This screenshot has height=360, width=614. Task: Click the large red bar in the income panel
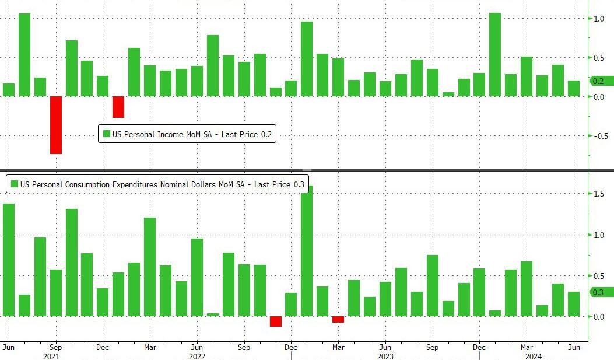(x=56, y=125)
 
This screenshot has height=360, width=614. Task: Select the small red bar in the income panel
(x=118, y=107)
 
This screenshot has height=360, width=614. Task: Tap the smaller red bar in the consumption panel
(x=338, y=319)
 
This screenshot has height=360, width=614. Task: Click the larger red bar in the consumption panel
(x=276, y=321)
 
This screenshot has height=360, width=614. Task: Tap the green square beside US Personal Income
(x=106, y=134)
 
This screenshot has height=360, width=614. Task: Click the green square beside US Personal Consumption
(x=14, y=184)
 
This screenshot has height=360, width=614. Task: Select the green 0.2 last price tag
(x=601, y=81)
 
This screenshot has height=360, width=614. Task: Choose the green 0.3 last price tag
(x=601, y=292)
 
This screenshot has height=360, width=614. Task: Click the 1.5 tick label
(x=599, y=194)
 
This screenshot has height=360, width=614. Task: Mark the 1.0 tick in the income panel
(x=599, y=19)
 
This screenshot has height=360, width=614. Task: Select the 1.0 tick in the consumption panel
(x=599, y=235)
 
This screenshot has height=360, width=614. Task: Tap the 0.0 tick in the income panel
(x=599, y=97)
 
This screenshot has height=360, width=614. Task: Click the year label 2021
(x=51, y=356)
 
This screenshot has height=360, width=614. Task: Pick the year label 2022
(x=197, y=356)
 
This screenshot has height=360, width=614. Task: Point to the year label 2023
(x=385, y=356)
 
